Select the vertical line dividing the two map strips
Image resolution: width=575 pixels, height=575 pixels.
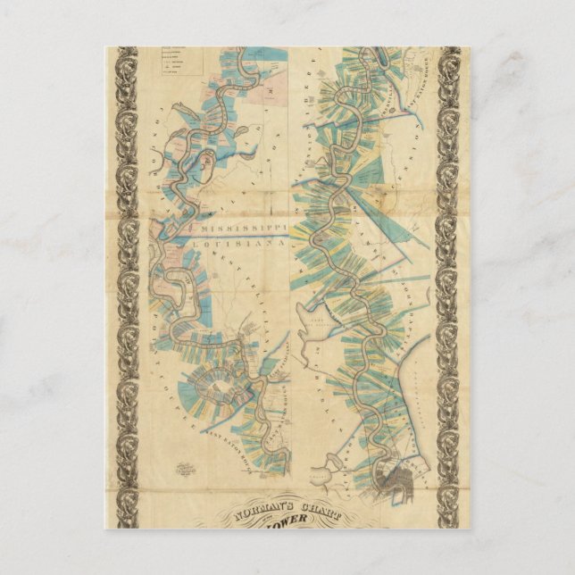coord(294,268)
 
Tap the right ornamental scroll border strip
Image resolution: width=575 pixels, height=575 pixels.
coord(448,286)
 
